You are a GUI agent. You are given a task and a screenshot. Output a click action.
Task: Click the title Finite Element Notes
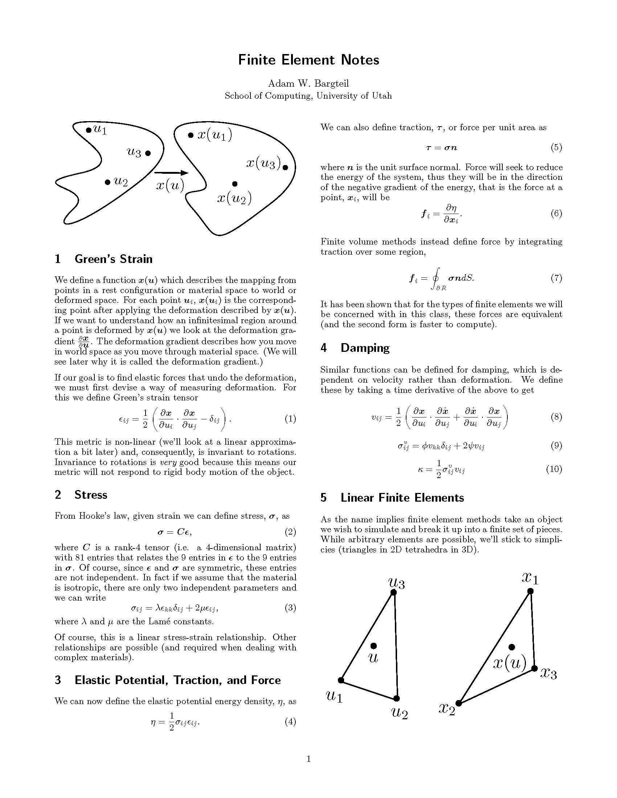pyautogui.click(x=308, y=60)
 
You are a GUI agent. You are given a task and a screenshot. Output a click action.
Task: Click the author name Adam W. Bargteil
pyautogui.click(x=308, y=84)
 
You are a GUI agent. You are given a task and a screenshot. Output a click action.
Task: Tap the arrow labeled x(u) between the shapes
pyautogui.click(x=171, y=173)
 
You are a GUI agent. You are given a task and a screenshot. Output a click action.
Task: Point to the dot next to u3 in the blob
pyautogui.click(x=148, y=153)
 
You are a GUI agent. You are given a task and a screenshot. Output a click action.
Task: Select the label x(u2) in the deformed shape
pyautogui.click(x=234, y=198)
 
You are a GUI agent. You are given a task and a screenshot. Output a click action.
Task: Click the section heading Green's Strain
pyautogui.click(x=113, y=259)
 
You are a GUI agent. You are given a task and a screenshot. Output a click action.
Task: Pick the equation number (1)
pyautogui.click(x=290, y=419)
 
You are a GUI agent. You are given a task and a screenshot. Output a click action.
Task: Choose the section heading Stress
pyautogui.click(x=91, y=495)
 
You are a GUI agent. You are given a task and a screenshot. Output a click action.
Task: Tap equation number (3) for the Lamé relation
pyautogui.click(x=290, y=608)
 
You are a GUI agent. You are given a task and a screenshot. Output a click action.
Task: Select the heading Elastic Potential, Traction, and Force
pyautogui.click(x=177, y=680)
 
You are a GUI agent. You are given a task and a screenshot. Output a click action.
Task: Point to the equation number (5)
pyautogui.click(x=556, y=148)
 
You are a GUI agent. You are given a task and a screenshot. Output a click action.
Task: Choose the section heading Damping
pyautogui.click(x=365, y=348)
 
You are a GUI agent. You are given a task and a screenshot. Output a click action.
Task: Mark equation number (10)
pyautogui.click(x=554, y=469)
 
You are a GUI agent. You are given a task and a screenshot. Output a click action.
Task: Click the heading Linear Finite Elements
pyautogui.click(x=402, y=498)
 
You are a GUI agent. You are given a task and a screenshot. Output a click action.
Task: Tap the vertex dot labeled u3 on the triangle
pyautogui.click(x=393, y=592)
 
